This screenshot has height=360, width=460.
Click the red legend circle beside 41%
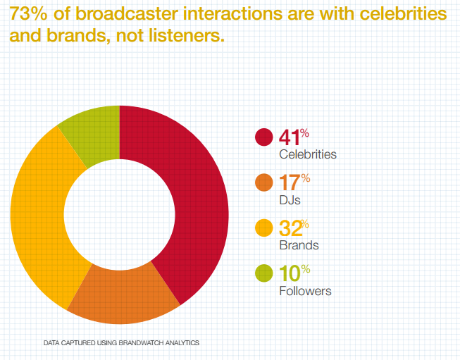[x=263, y=137]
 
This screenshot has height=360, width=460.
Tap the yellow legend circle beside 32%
[x=263, y=228]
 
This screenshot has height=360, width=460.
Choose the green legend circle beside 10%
[x=263, y=273]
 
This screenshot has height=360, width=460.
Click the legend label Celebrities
[x=308, y=154]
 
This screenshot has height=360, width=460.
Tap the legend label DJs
[x=290, y=200]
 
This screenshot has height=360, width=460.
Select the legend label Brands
[x=299, y=245]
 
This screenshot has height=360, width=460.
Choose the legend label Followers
[x=305, y=290]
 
